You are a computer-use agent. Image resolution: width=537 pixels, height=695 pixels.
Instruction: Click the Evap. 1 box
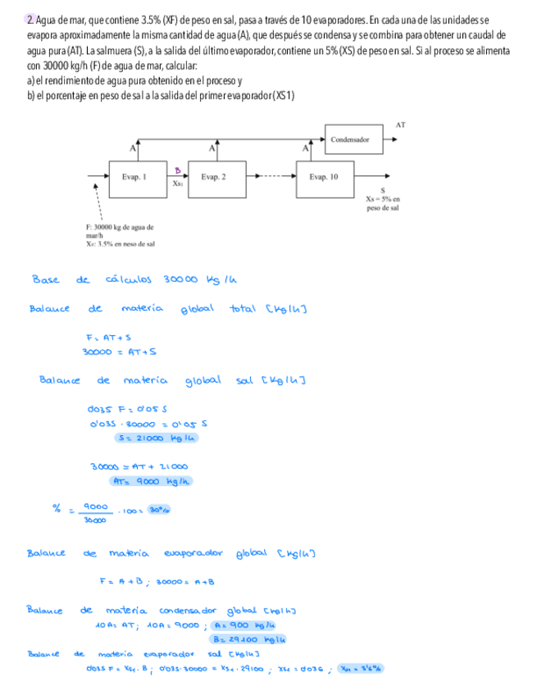(x=133, y=176)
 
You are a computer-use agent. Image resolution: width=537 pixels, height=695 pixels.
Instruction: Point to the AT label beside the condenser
(x=400, y=125)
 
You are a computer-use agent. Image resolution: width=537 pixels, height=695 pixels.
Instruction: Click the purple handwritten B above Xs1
(x=176, y=169)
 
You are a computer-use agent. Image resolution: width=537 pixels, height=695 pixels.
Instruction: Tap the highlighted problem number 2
(x=30, y=20)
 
